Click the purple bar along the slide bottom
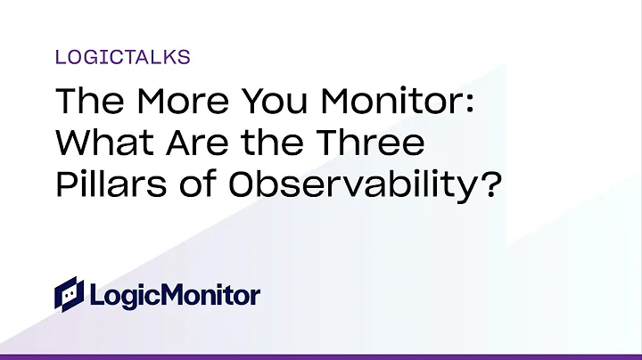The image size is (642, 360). pyautogui.click(x=321, y=356)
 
